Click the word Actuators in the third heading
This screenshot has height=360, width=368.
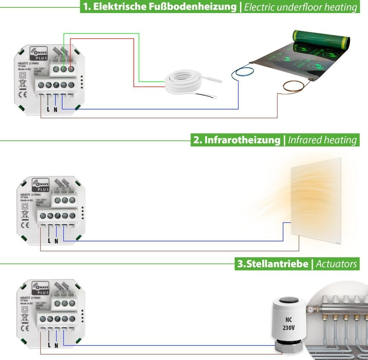coord(336,264)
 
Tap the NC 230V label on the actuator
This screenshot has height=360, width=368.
coord(289,323)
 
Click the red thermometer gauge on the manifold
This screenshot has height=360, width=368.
coord(310,309)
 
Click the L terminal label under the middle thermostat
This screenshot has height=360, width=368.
coord(49,241)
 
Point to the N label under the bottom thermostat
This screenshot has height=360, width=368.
coord(56,345)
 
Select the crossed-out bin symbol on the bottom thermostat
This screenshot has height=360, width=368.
coord(25,318)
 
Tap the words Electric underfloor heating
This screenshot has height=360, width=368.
coord(300,7)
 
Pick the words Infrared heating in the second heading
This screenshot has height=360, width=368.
coord(322,140)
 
